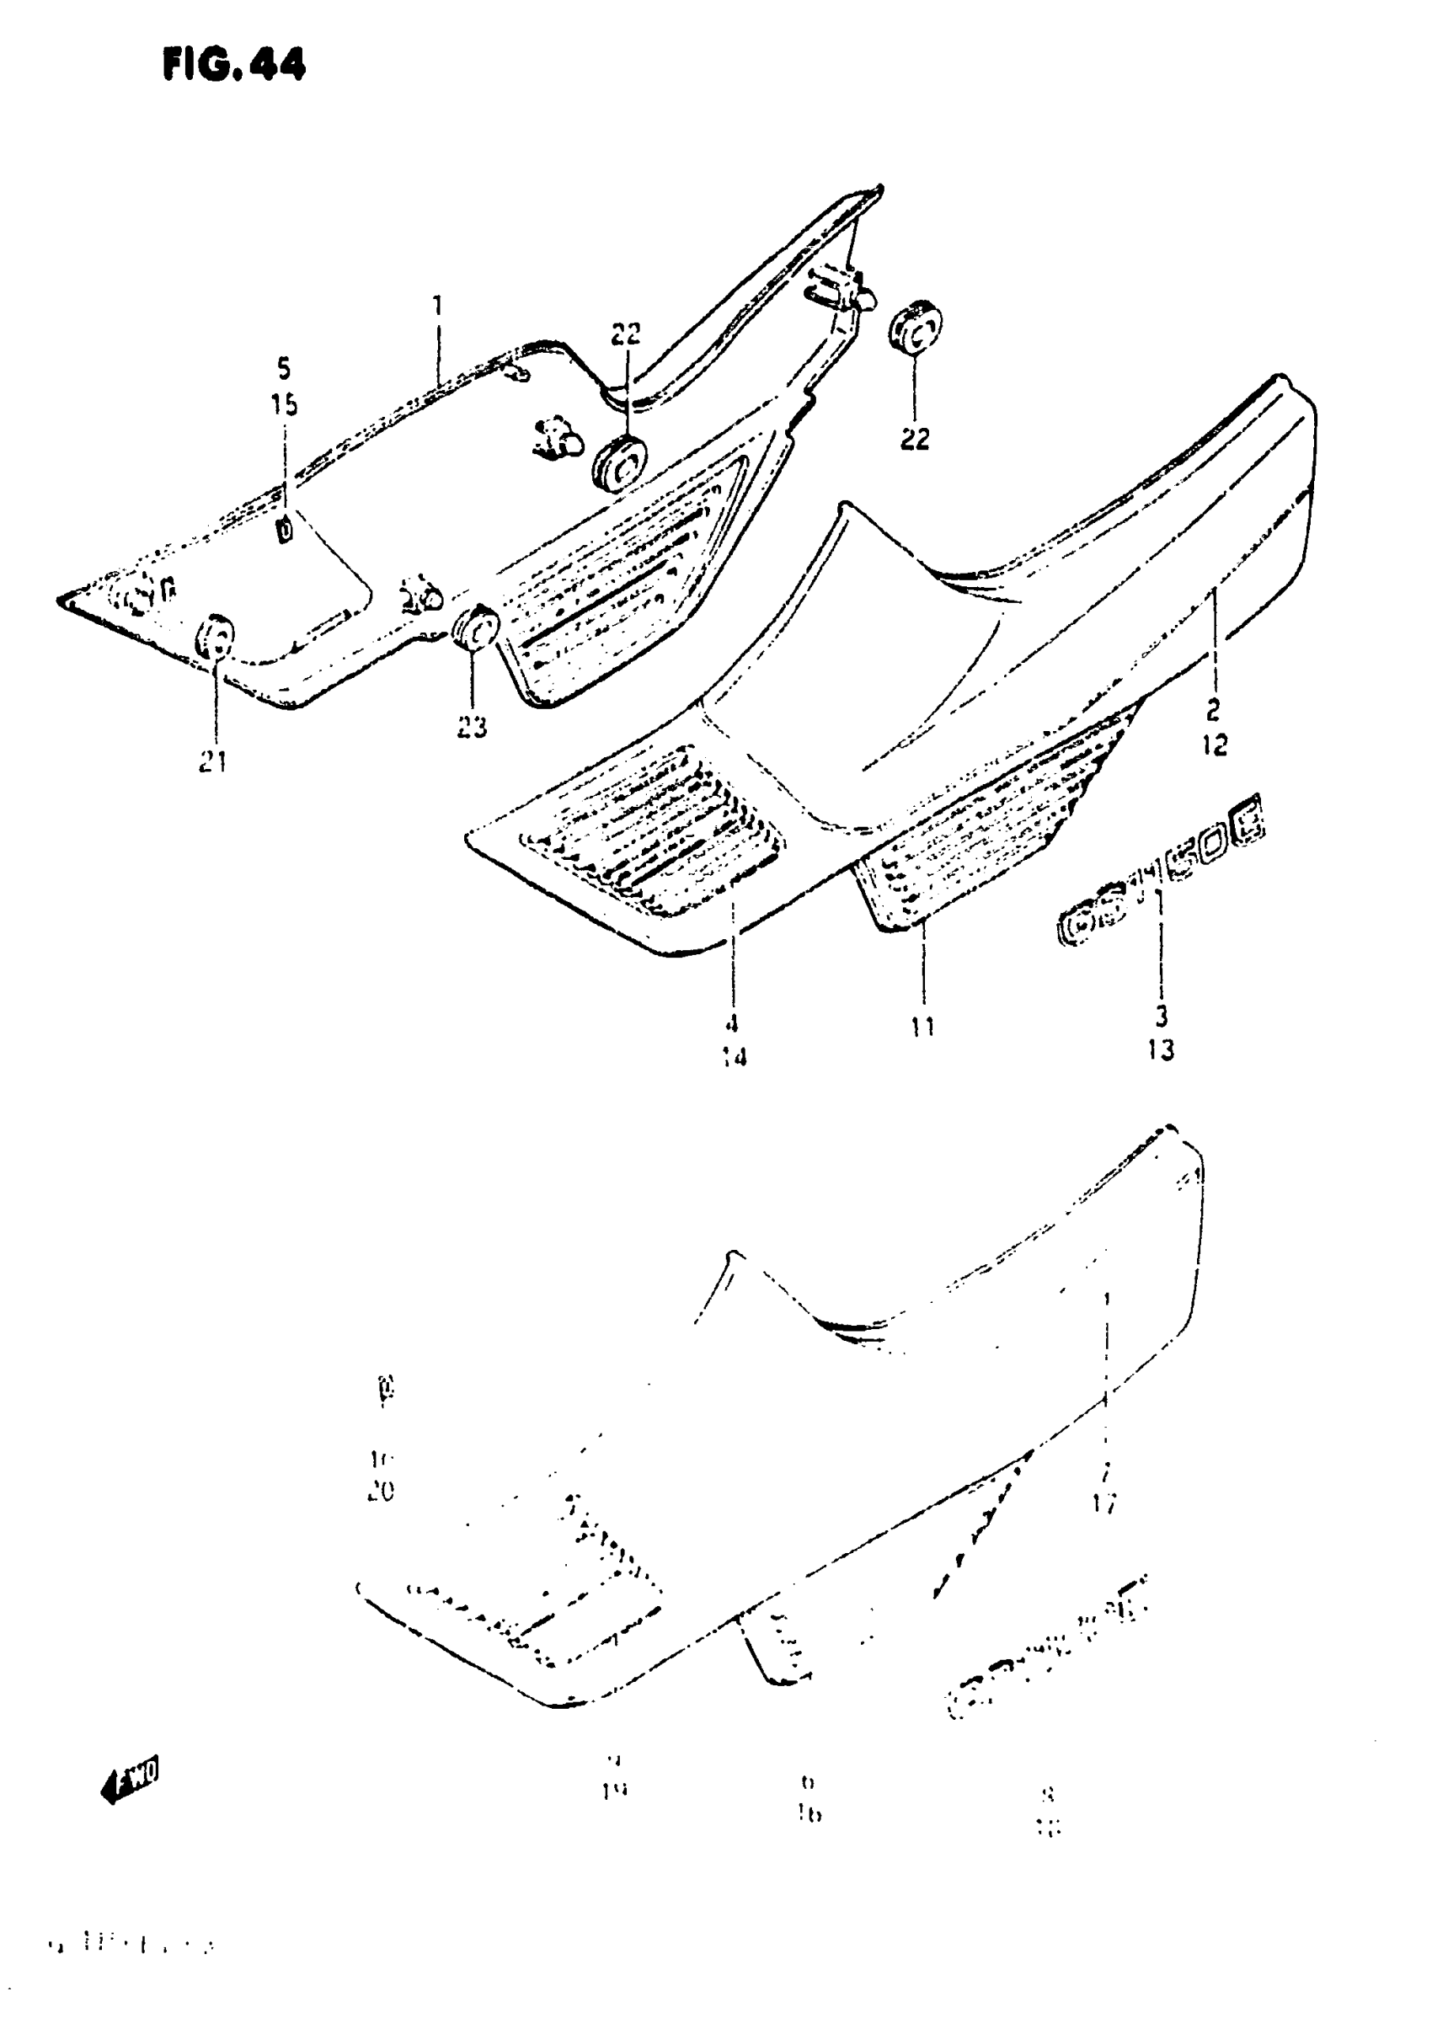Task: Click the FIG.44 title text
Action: pos(234,64)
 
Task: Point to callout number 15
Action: pos(284,405)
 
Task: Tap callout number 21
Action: pos(212,761)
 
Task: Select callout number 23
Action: pos(472,728)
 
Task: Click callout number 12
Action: pos(1215,746)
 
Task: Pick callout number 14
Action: pos(734,1057)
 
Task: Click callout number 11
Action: pos(922,1027)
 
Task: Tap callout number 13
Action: pos(1160,1049)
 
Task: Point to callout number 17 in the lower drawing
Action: pos(1104,1503)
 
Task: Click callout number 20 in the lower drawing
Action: pos(380,1492)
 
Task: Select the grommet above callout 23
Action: pos(476,628)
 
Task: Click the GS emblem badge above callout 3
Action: pos(1161,878)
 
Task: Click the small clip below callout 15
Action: pos(285,530)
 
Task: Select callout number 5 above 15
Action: pos(284,368)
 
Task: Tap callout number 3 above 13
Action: pos(1161,1016)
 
